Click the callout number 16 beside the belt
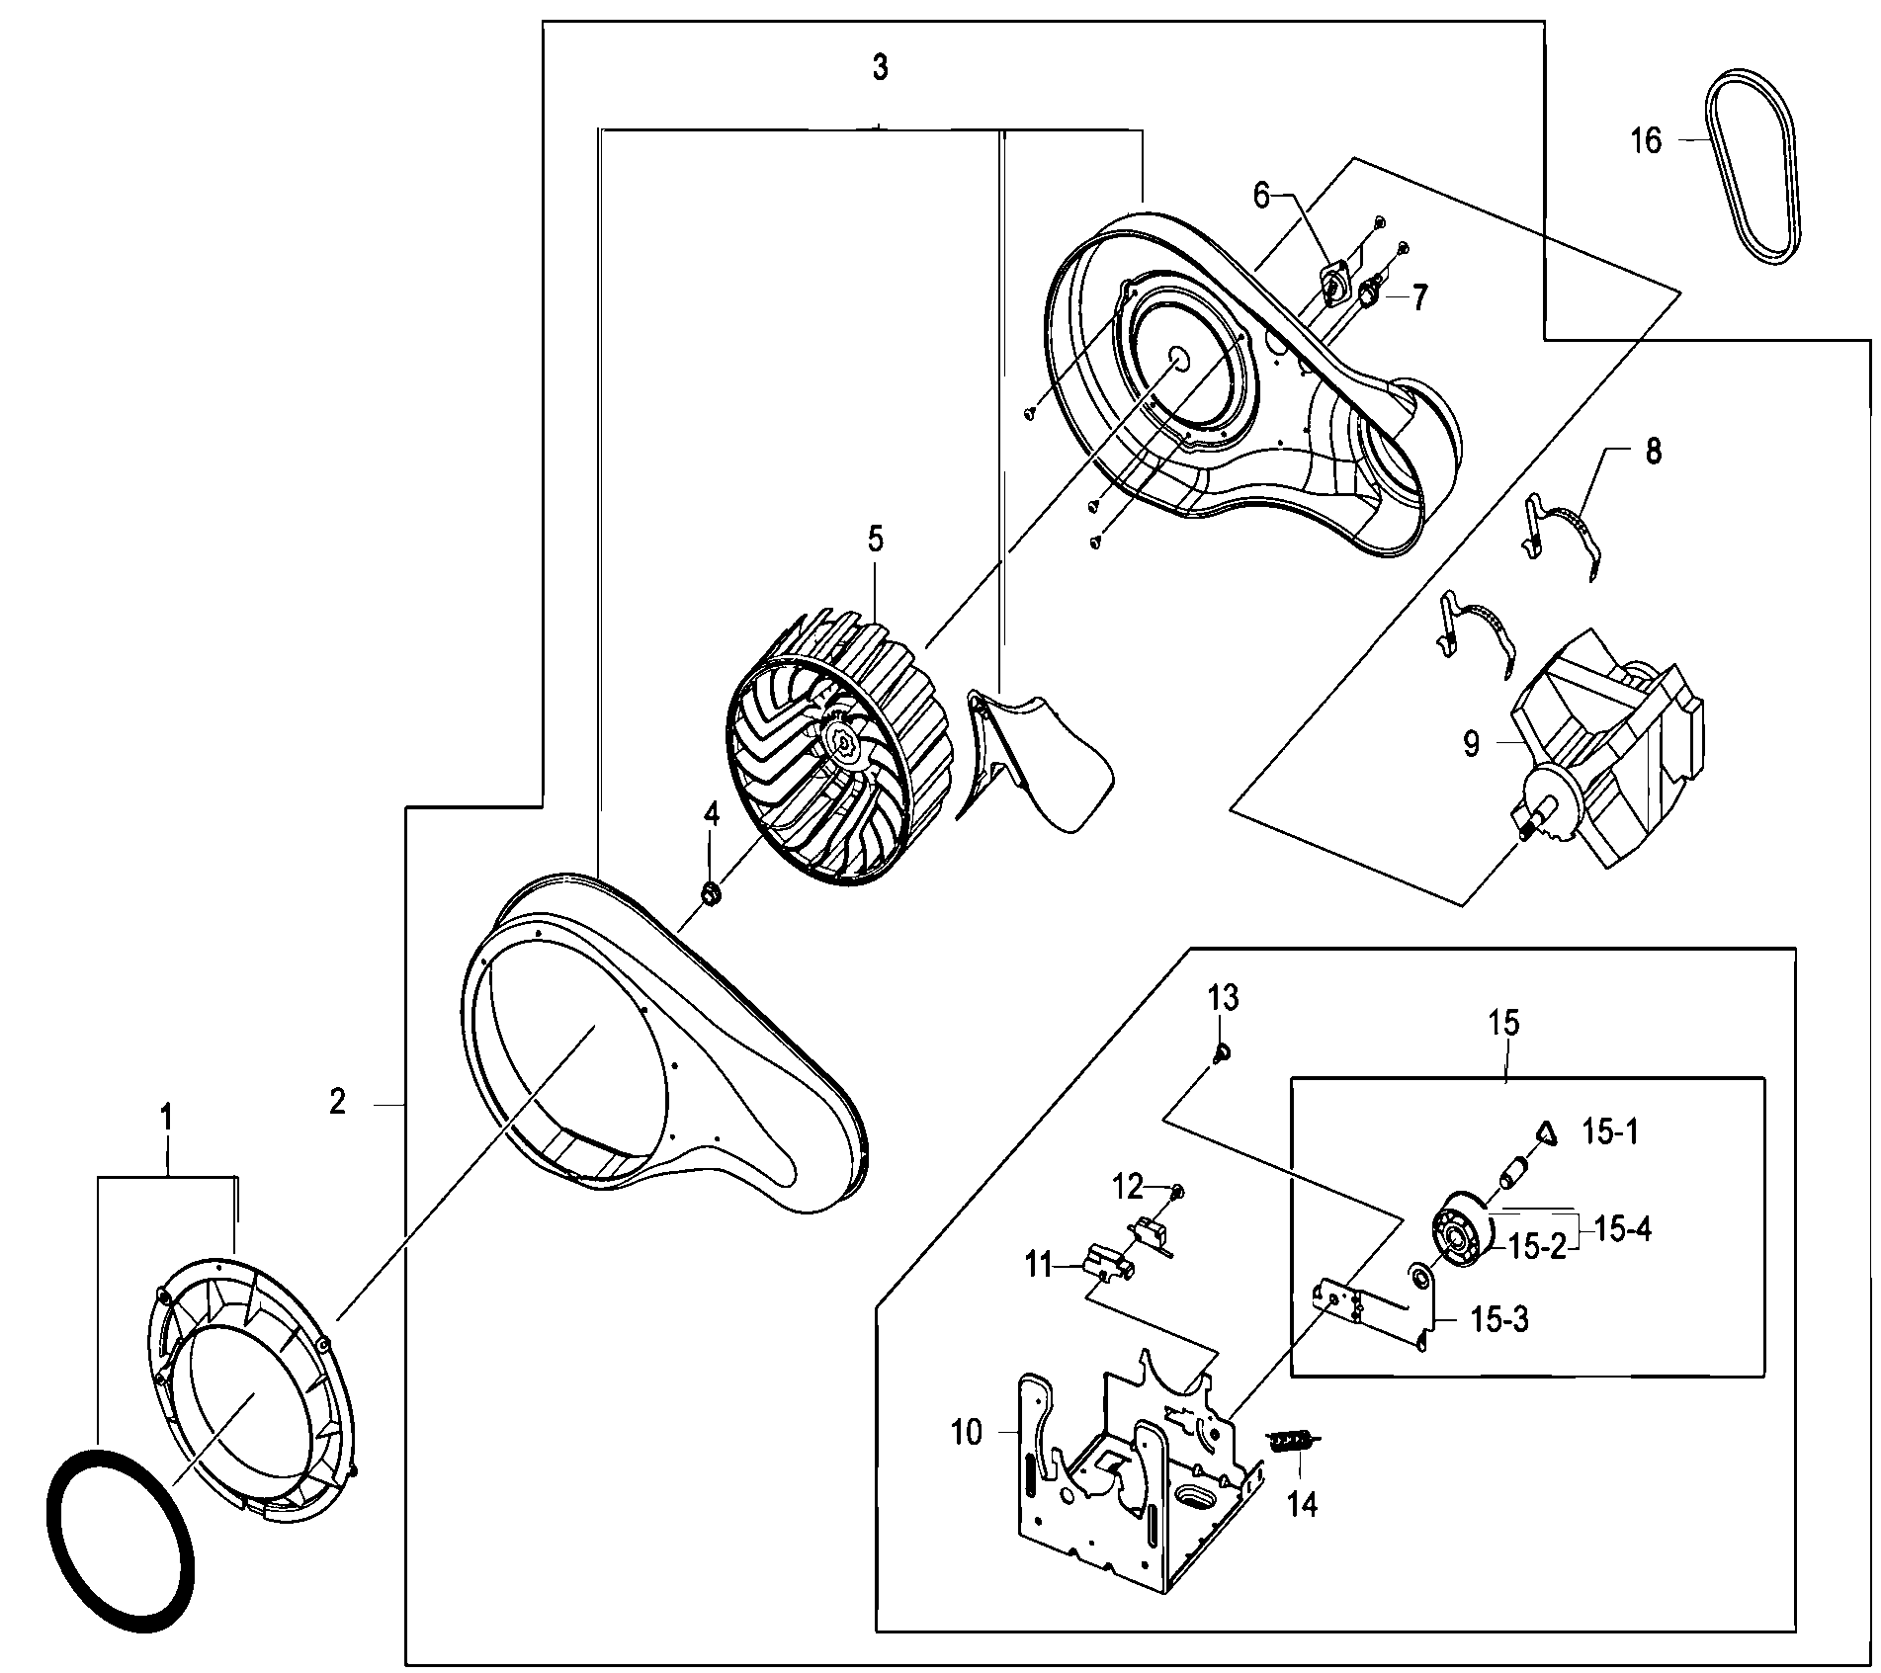click(x=1646, y=141)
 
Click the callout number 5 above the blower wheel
click(x=875, y=540)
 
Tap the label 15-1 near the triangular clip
click(x=1610, y=1132)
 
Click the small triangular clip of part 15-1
click(x=1547, y=1133)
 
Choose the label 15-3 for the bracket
click(x=1499, y=1319)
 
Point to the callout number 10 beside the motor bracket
click(x=967, y=1432)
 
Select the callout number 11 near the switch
click(x=1038, y=1265)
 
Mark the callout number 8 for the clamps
click(x=1653, y=453)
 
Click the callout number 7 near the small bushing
click(x=1419, y=297)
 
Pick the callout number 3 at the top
click(x=880, y=68)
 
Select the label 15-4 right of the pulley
click(x=1622, y=1230)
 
